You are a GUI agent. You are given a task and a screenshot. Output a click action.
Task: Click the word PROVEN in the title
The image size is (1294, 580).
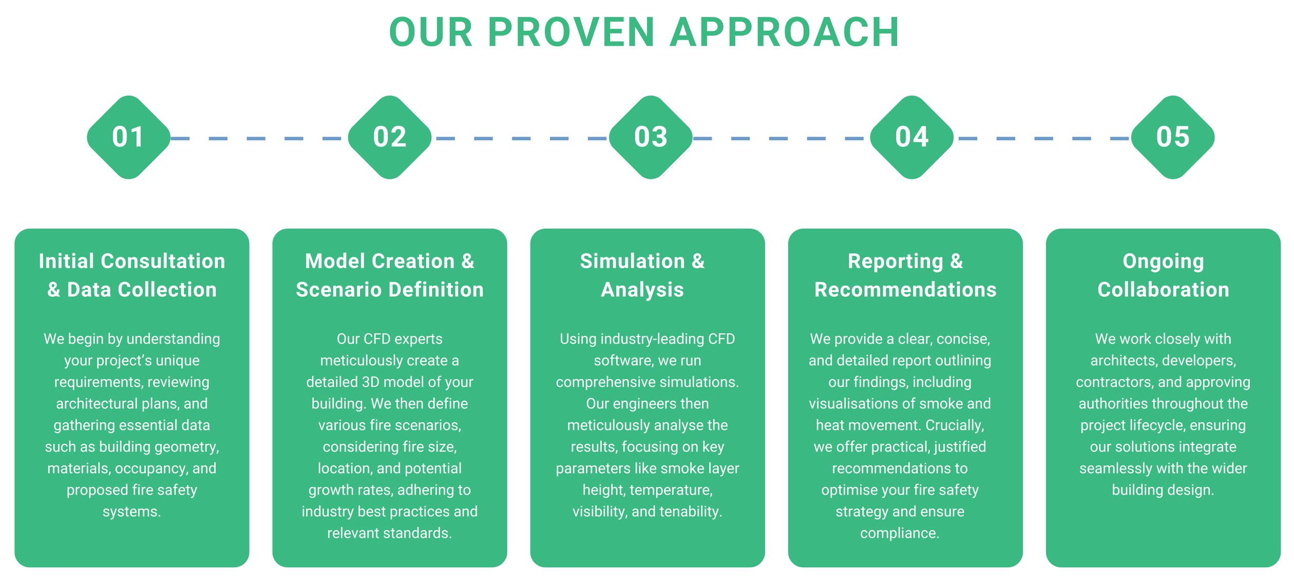coord(571,32)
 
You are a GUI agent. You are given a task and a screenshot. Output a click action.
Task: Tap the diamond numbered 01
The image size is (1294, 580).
coord(128,137)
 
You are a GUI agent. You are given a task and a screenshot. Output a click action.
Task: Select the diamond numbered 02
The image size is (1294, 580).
coord(390,137)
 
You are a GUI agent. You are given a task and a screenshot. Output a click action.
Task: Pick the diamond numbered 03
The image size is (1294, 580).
coord(651,137)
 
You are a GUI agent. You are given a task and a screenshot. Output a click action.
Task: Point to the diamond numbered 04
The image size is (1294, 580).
coord(912,137)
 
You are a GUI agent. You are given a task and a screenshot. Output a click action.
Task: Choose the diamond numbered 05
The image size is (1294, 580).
coord(1173,137)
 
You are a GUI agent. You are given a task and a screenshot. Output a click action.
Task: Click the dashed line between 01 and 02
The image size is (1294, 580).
coord(259,138)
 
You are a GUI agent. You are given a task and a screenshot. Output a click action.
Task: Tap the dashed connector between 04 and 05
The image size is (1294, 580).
coord(1042,138)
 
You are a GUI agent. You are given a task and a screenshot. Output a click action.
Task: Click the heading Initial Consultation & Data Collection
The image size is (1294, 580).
coord(132,275)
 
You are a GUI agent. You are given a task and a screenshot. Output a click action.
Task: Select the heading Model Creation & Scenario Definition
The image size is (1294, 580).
coord(390,275)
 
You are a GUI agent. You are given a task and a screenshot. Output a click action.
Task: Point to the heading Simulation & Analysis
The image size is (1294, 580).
coord(642,275)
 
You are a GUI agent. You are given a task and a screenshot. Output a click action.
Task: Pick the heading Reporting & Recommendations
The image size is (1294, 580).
coord(905,275)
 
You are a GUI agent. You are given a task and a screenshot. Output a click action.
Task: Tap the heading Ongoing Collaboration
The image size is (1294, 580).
coord(1163,275)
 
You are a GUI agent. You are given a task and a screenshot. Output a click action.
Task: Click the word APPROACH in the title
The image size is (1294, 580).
coord(784,32)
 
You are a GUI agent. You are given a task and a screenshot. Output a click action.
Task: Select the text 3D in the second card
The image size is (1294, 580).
coord(370,382)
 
